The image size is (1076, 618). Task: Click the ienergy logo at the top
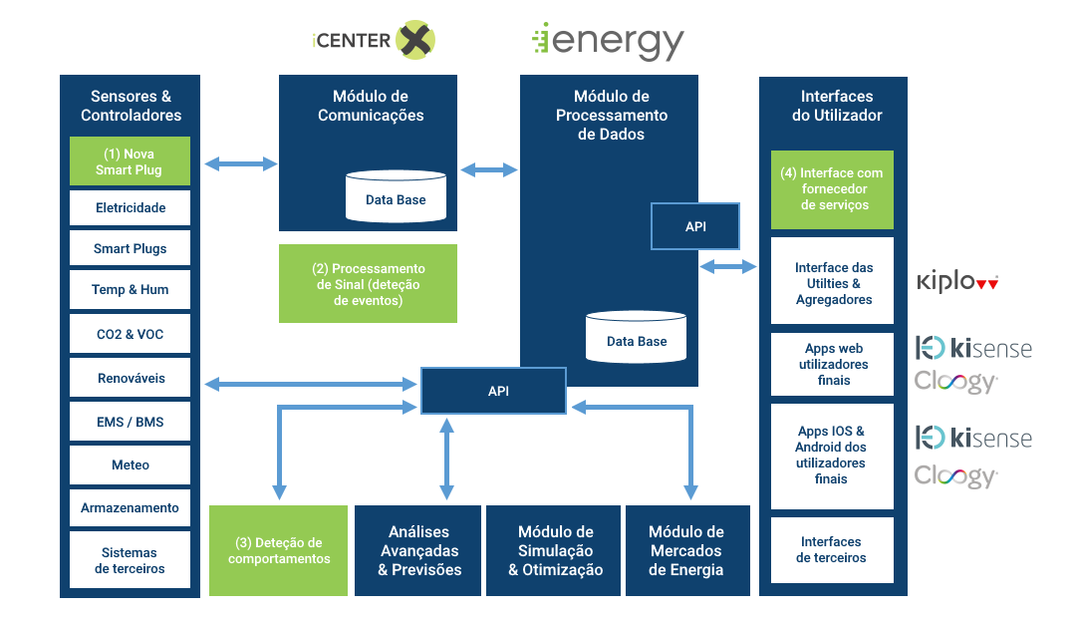click(608, 40)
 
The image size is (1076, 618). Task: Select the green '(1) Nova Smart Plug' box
click(130, 161)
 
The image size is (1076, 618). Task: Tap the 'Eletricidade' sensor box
click(130, 207)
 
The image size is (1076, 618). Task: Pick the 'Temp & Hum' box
click(130, 289)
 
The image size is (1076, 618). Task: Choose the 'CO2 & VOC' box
click(130, 334)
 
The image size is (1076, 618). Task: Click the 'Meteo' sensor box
click(130, 464)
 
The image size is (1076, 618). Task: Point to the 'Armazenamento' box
click(130, 507)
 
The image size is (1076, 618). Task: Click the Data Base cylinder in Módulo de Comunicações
click(396, 196)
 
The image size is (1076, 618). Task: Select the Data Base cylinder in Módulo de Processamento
click(637, 337)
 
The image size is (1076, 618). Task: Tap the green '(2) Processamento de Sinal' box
click(368, 283)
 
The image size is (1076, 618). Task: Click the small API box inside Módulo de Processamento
click(695, 226)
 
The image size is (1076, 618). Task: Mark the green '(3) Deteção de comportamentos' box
click(278, 550)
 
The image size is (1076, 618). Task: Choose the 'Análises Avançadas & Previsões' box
click(419, 550)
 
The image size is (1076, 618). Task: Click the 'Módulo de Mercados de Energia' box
click(686, 550)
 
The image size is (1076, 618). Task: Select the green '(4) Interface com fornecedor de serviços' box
click(832, 189)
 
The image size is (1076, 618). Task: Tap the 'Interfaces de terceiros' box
click(832, 549)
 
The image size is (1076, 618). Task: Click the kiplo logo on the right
click(956, 282)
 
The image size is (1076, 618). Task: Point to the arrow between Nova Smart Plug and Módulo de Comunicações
click(240, 163)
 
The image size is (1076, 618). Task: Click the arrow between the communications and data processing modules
click(489, 170)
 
